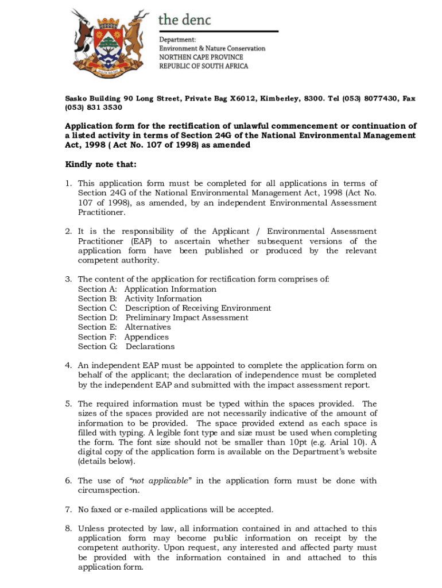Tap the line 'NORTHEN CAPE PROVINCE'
[x=201, y=57]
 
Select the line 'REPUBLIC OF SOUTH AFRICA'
[x=204, y=66]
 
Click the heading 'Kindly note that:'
[x=100, y=165]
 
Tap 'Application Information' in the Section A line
[x=170, y=289]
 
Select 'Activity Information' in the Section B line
[x=164, y=299]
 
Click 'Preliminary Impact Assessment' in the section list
[x=187, y=318]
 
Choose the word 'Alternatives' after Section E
[x=148, y=327]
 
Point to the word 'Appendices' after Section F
[x=147, y=337]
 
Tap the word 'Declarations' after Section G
[x=150, y=346]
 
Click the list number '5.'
[x=68, y=404]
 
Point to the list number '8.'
[x=68, y=528]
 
